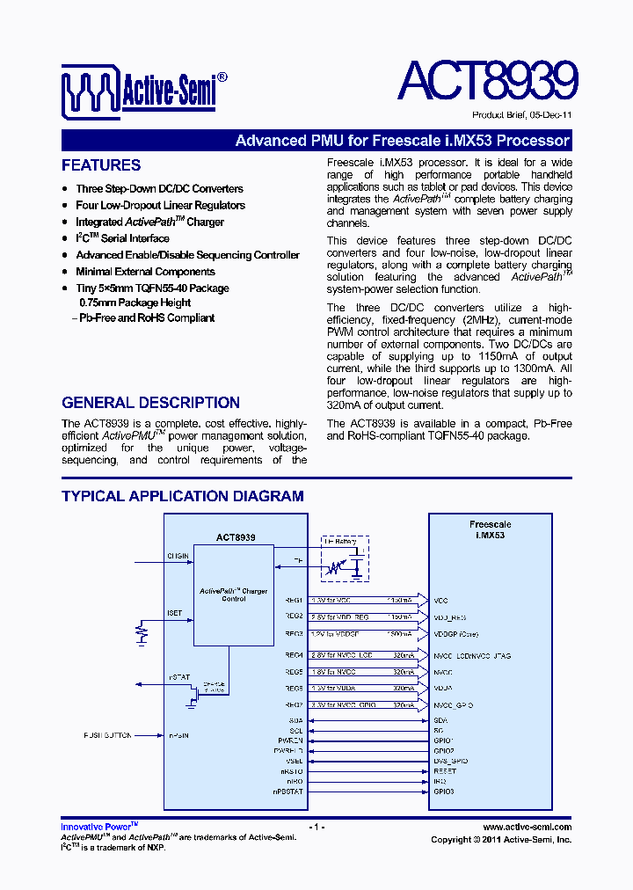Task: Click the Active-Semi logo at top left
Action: pyautogui.click(x=144, y=90)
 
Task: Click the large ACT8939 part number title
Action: pyautogui.click(x=487, y=82)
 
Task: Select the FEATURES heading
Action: pyautogui.click(x=101, y=165)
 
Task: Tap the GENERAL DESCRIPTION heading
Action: pyautogui.click(x=150, y=403)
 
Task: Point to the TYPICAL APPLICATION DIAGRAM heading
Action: pyautogui.click(x=182, y=496)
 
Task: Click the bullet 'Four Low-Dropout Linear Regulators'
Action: pyautogui.click(x=160, y=205)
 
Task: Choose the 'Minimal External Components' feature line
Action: pyautogui.click(x=145, y=272)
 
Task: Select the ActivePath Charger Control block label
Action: pyautogui.click(x=233, y=595)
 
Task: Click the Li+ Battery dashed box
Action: pyautogui.click(x=344, y=558)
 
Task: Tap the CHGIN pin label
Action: pyautogui.click(x=178, y=556)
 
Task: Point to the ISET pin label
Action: pyautogui.click(x=175, y=612)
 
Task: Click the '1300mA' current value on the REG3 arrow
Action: pyautogui.click(x=400, y=633)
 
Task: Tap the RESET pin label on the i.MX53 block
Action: pyautogui.click(x=444, y=770)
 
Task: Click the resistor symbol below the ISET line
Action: pyautogui.click(x=140, y=632)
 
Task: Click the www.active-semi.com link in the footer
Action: pyautogui.click(x=527, y=827)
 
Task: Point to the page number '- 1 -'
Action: pyautogui.click(x=317, y=827)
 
